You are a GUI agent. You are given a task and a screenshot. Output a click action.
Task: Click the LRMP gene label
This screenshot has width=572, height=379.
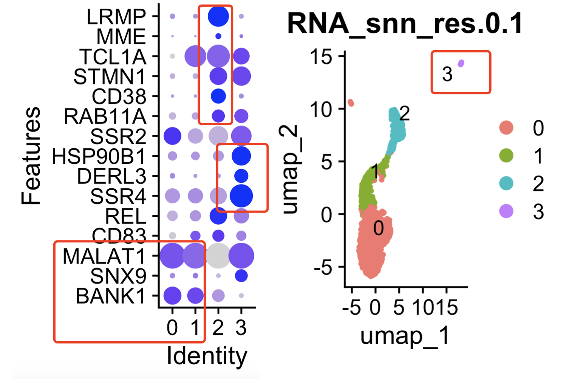(116, 17)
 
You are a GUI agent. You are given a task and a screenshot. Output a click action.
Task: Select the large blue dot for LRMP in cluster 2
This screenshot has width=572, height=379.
(218, 17)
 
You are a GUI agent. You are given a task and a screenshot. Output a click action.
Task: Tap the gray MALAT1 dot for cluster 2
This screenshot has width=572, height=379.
(218, 256)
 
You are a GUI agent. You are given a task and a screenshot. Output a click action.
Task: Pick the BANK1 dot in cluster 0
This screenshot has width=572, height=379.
(172, 296)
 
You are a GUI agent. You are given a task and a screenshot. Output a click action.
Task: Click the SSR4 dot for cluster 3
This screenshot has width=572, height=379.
(241, 196)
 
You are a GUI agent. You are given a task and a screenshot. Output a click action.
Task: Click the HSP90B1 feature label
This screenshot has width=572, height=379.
(99, 156)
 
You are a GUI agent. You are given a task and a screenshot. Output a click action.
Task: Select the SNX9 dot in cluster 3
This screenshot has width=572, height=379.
(241, 276)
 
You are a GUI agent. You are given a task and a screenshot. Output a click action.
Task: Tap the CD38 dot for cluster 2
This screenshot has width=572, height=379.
(218, 96)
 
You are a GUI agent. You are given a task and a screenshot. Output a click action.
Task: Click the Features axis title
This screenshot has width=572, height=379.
(31, 156)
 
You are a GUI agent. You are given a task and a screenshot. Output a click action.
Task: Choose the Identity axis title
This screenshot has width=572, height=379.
(207, 356)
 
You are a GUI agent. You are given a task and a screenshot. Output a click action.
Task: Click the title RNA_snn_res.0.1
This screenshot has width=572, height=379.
(405, 23)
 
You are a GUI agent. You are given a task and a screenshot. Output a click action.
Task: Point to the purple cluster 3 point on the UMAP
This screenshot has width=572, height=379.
(461, 63)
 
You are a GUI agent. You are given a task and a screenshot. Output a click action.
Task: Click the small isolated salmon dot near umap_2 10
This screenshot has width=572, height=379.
(351, 103)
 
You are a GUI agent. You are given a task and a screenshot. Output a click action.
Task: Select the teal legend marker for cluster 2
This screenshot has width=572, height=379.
(506, 183)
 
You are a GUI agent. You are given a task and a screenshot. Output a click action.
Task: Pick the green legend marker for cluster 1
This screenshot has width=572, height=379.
(506, 156)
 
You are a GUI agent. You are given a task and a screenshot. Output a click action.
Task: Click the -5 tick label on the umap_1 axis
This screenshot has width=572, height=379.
(351, 308)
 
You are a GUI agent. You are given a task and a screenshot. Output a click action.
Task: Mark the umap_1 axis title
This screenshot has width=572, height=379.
(405, 336)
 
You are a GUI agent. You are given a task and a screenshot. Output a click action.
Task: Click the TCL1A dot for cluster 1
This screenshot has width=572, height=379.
(195, 56)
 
